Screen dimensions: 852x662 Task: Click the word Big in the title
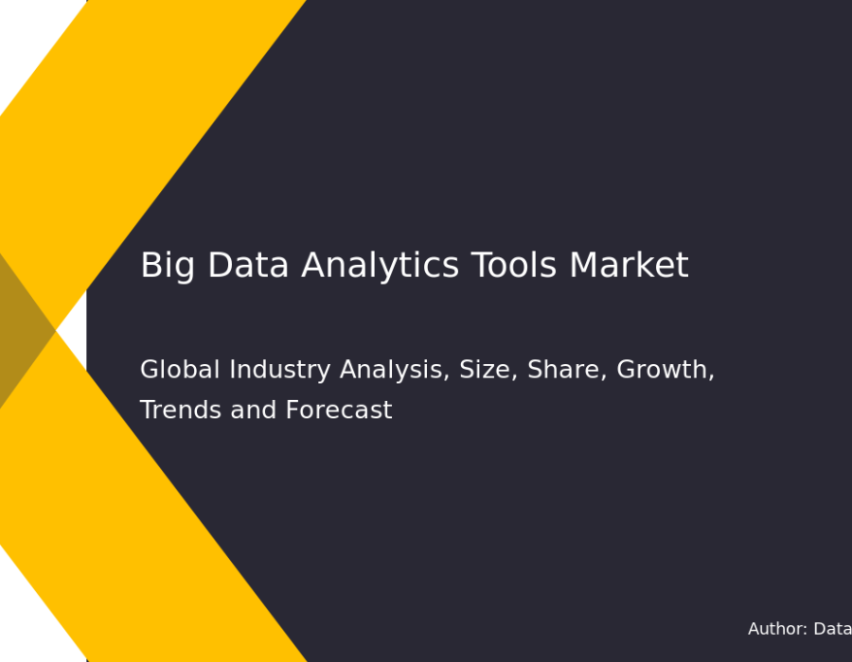(x=168, y=266)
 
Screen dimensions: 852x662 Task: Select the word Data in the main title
(x=248, y=265)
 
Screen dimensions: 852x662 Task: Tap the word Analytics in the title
(x=381, y=266)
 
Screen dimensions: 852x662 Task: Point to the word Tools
(x=514, y=265)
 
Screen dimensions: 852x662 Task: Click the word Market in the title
(x=630, y=265)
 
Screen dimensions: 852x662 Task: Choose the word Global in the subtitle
(x=180, y=369)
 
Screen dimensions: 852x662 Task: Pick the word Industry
(x=280, y=370)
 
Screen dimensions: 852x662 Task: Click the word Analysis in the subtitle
(x=392, y=370)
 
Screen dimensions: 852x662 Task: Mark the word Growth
(x=662, y=369)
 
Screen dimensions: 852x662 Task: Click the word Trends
(x=181, y=409)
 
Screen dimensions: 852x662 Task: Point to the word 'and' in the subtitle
(x=253, y=409)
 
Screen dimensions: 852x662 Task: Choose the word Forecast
(x=339, y=409)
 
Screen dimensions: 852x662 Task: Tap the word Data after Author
(x=832, y=629)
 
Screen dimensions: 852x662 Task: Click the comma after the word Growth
(x=711, y=377)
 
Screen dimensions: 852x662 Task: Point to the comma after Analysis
(x=447, y=377)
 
